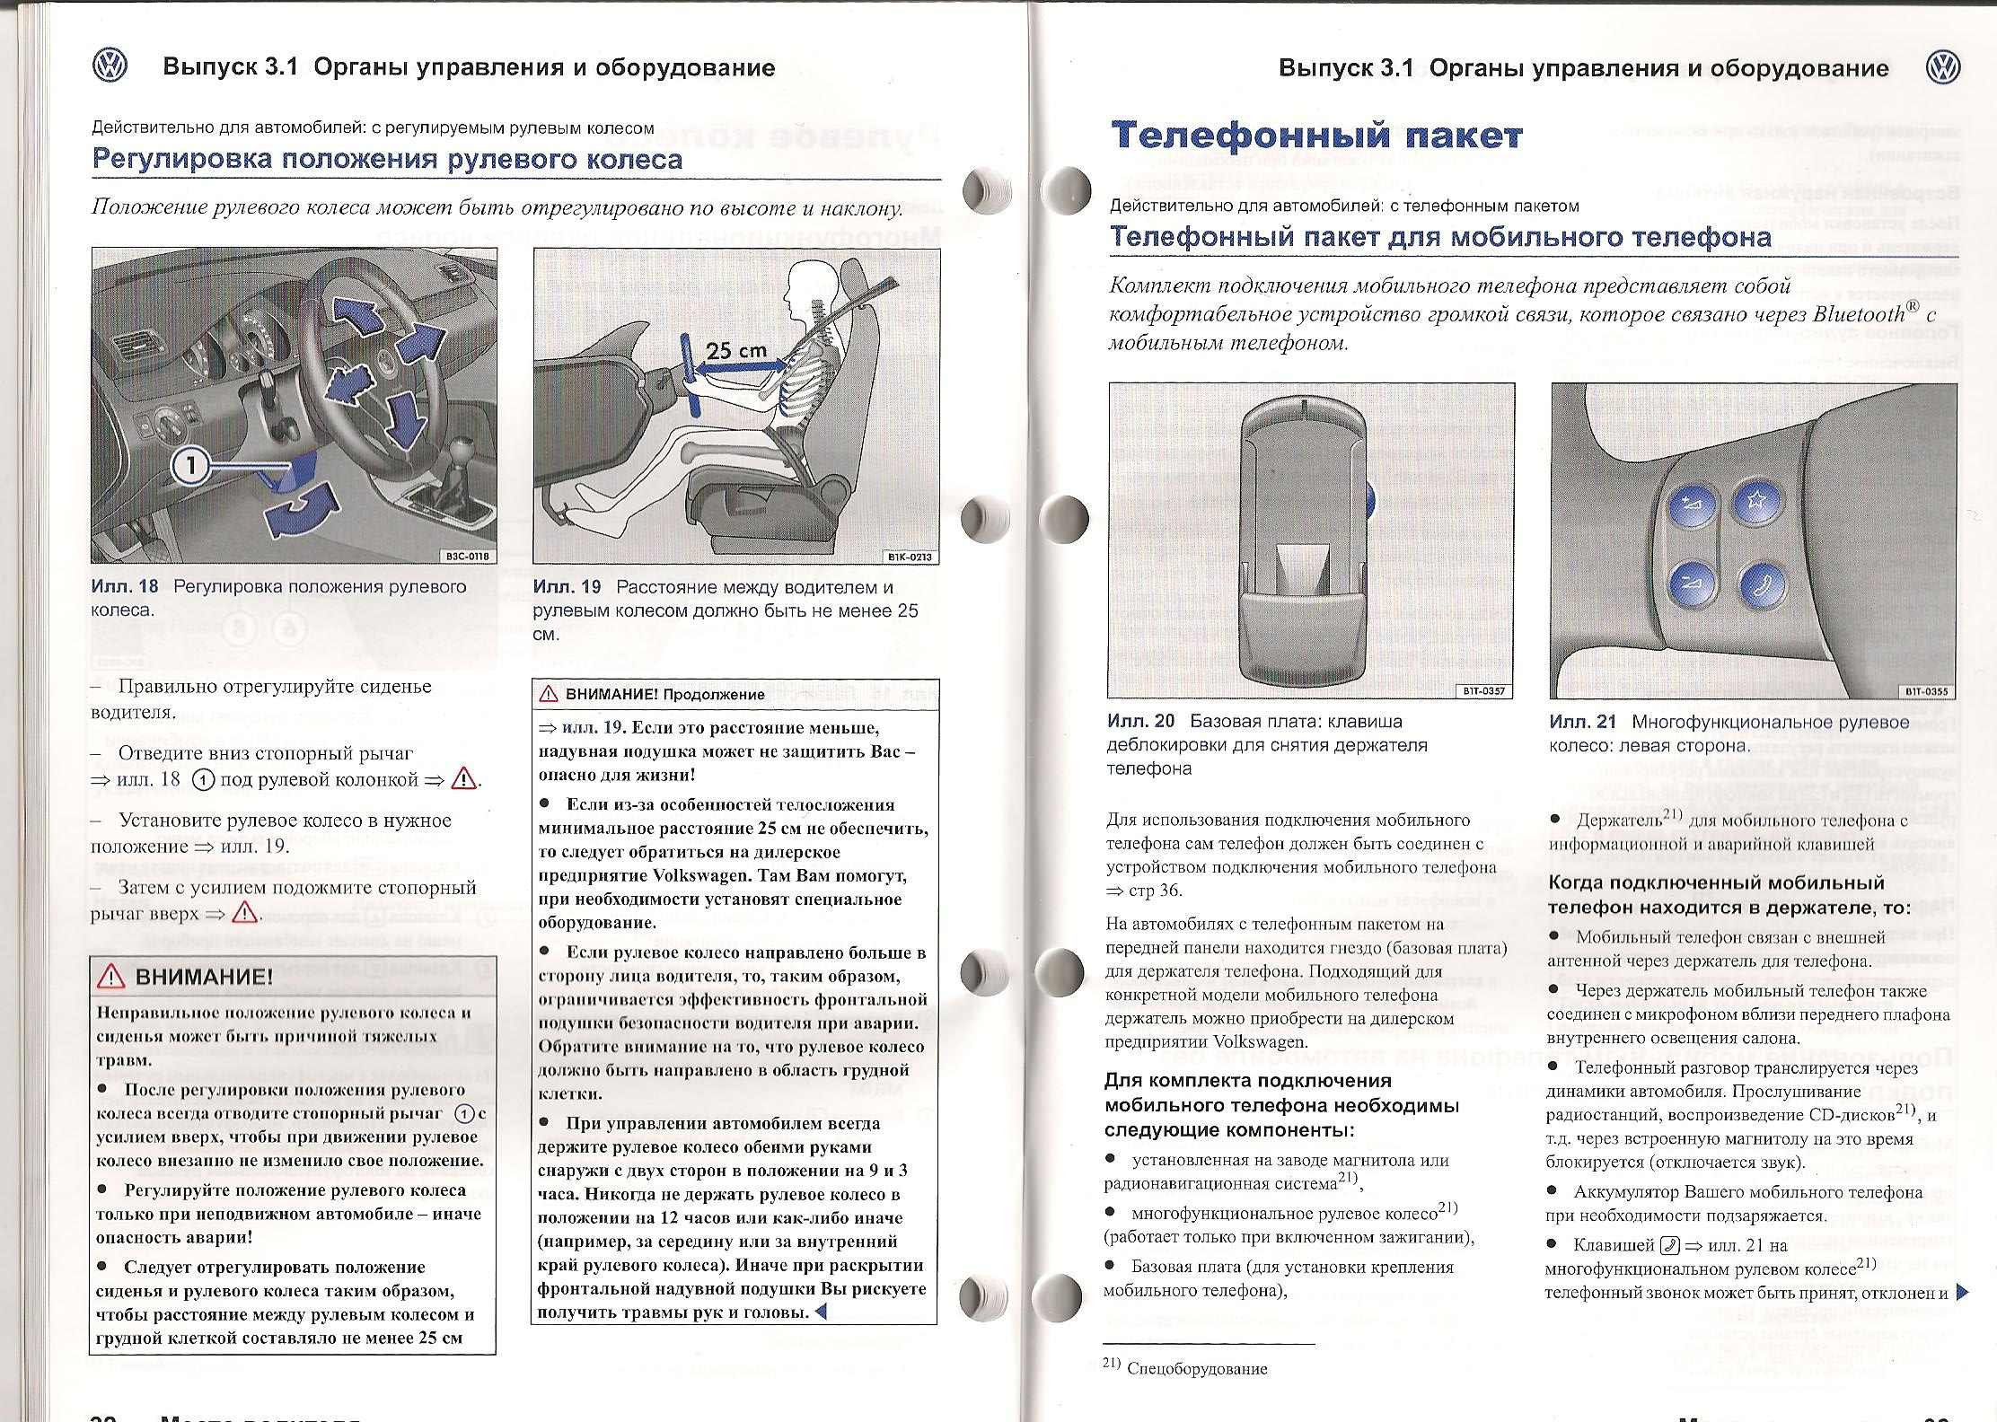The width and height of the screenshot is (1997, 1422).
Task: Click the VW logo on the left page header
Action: pos(110,66)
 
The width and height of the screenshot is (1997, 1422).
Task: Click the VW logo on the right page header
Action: pos(1943,68)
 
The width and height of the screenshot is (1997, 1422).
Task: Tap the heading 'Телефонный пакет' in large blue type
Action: pos(1316,136)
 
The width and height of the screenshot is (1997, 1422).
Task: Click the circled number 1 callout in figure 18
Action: pos(190,465)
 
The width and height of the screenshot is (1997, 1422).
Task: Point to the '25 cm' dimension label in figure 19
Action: pos(735,351)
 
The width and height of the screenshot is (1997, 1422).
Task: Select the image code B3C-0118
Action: pos(468,556)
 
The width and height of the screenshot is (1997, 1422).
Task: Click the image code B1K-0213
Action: pos(911,557)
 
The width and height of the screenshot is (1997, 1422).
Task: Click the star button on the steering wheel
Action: pos(1755,504)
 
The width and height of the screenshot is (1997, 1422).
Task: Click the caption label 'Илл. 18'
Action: pos(125,587)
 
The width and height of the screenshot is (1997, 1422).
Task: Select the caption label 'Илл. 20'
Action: pos(1140,722)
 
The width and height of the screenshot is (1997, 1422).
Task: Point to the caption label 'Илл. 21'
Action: pos(1582,722)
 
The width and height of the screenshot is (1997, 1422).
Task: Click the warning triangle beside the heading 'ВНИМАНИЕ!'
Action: pos(112,977)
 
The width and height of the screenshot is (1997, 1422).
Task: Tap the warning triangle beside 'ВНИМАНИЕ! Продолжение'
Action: pos(548,694)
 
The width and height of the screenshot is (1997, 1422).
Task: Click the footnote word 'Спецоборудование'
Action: pos(1196,1369)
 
